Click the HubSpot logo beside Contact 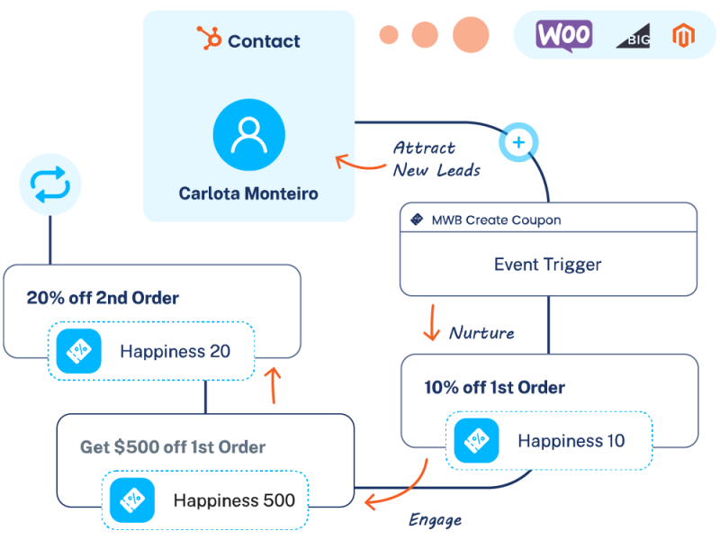[x=210, y=40]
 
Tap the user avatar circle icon [x=248, y=136]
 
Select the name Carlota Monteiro [x=248, y=193]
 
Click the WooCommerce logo [x=563, y=35]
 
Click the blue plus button [x=517, y=142]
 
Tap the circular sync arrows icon [x=49, y=185]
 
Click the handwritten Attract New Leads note [x=436, y=158]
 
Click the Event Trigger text [x=547, y=265]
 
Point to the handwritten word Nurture [x=481, y=333]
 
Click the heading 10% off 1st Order [x=494, y=388]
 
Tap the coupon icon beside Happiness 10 [x=476, y=441]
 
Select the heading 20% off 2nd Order [x=102, y=298]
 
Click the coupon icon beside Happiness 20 [x=78, y=351]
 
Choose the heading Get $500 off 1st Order [x=173, y=447]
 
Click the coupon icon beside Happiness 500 [x=132, y=500]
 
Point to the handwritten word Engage [x=435, y=520]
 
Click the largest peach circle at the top [x=471, y=34]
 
